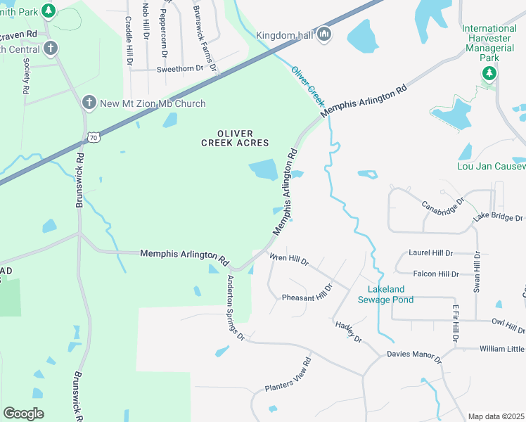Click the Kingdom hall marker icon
324,34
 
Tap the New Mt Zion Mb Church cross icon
89,103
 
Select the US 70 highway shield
94,136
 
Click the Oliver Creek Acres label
235,138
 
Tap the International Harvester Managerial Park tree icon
489,73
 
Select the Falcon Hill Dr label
436,274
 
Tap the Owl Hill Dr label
508,324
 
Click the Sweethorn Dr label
180,68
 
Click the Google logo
24,414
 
